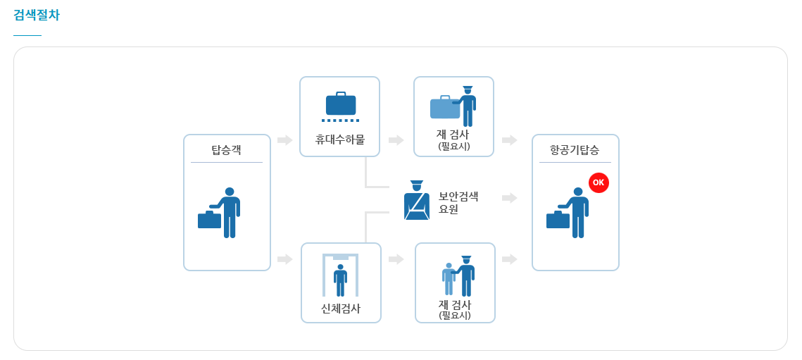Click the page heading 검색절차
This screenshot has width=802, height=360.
37,15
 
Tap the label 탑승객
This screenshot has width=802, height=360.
226,150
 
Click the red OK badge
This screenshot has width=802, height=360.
599,182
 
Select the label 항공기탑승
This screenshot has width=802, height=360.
575,150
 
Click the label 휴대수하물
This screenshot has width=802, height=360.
339,139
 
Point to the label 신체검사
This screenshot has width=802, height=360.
341,309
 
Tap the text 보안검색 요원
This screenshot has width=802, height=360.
458,203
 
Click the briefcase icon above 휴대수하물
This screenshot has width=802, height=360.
341,104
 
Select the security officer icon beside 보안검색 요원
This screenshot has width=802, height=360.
417,201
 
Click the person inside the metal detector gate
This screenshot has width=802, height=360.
341,280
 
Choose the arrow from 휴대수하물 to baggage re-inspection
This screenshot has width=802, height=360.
396,140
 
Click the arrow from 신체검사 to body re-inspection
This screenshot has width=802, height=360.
396,259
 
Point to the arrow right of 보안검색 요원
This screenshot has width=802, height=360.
510,198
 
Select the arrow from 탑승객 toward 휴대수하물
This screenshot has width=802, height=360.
285,140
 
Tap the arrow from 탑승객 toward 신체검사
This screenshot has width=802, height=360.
285,259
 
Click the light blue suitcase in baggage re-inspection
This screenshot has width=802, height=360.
444,108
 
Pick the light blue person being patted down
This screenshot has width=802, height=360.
449,279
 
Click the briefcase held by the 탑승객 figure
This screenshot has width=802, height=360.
209,220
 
